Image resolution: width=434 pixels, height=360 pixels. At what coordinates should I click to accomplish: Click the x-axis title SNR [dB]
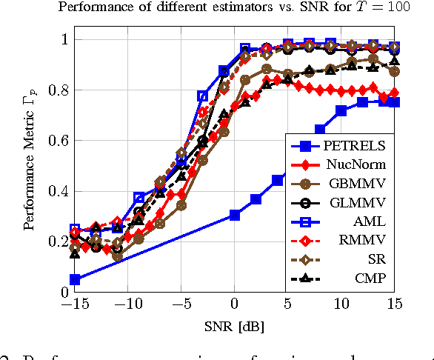[235, 326]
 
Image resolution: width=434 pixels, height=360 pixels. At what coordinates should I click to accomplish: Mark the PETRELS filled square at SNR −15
[75, 279]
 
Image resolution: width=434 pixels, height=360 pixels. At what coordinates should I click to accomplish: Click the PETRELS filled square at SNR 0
[235, 215]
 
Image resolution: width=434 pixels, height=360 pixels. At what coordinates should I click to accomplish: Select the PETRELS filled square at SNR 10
[341, 110]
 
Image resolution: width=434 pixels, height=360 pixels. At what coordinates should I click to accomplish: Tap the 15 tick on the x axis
[394, 303]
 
